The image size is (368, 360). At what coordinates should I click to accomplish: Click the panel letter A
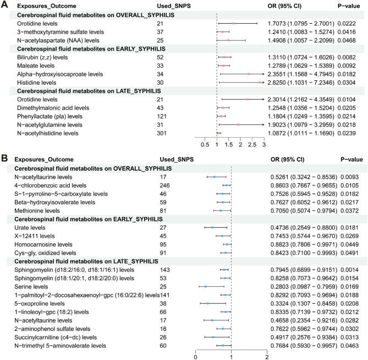tap(5, 5)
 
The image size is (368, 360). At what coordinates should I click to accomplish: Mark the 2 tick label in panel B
tap(267, 356)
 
